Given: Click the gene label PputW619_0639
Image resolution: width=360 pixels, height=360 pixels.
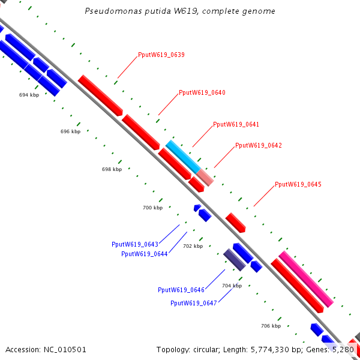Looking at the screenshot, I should (x=161, y=55).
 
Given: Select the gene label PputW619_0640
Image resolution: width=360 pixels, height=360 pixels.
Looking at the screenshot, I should (x=202, y=93).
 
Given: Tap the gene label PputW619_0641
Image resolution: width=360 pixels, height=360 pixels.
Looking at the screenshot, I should (x=236, y=125).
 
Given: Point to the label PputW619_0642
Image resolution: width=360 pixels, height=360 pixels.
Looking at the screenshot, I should (x=259, y=146).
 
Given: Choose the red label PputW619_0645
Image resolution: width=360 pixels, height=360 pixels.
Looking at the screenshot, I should (x=298, y=185).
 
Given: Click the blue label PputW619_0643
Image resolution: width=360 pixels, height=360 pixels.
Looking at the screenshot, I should (x=135, y=244).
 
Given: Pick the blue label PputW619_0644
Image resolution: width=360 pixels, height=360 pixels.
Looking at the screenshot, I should (x=145, y=254).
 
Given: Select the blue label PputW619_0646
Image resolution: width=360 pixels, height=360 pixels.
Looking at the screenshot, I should (x=181, y=290).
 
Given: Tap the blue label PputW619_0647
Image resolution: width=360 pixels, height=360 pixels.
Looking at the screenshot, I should (x=194, y=304).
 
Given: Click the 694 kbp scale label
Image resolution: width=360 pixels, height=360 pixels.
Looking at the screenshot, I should (x=29, y=95).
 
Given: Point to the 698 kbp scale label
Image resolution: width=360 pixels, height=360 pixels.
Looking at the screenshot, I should (x=112, y=170).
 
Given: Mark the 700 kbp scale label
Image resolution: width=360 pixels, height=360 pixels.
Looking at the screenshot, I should (x=152, y=208).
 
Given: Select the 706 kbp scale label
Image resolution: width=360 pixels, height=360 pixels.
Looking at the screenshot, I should (x=271, y=326).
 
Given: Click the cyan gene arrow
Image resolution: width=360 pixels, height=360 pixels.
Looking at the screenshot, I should (x=182, y=155).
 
